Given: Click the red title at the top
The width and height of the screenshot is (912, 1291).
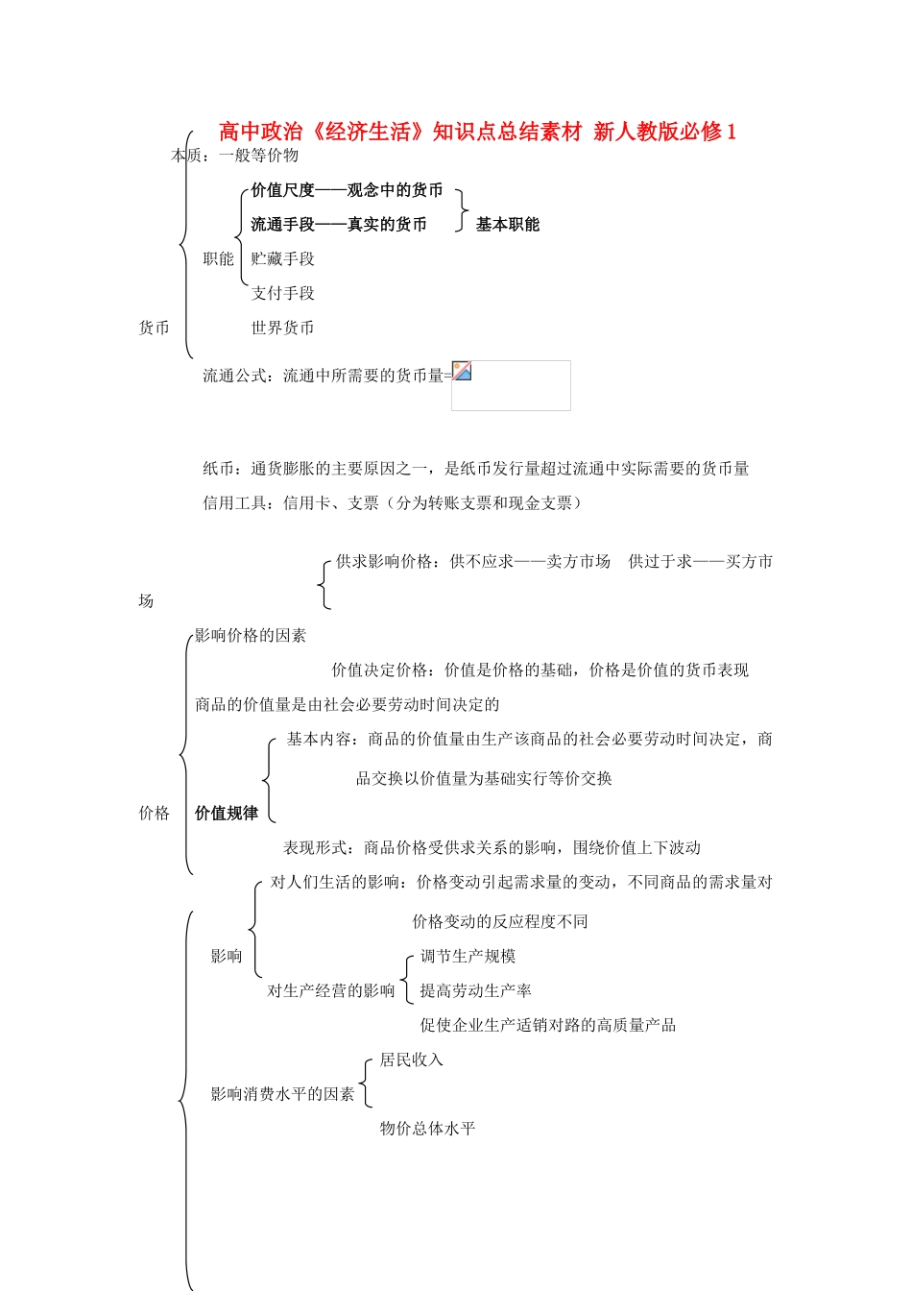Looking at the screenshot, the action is pyautogui.click(x=477, y=132).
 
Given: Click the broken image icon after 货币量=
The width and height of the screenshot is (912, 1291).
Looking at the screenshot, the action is pyautogui.click(x=462, y=371).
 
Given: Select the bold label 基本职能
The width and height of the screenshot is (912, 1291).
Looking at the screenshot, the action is pyautogui.click(x=507, y=225).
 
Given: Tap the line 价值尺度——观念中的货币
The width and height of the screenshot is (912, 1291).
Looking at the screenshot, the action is pyautogui.click(x=347, y=190).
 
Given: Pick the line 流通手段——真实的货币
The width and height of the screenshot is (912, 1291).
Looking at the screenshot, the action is pyautogui.click(x=338, y=225).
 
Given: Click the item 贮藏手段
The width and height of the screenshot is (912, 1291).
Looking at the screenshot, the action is pyautogui.click(x=282, y=259).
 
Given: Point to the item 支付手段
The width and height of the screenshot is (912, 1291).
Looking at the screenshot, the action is pyautogui.click(x=282, y=294).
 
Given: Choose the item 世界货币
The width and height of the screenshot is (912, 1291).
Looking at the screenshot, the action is pyautogui.click(x=282, y=329).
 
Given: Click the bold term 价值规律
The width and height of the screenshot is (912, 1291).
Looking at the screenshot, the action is pyautogui.click(x=227, y=814).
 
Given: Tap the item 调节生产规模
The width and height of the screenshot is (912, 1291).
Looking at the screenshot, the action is pyautogui.click(x=468, y=957).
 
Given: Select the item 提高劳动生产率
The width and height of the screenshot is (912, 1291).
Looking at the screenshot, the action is pyautogui.click(x=475, y=991).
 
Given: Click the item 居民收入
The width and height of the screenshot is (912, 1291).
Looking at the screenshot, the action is pyautogui.click(x=411, y=1060).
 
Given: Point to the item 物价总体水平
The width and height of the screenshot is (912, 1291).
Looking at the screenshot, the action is pyautogui.click(x=427, y=1129).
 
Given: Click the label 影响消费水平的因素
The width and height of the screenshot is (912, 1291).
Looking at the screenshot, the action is pyautogui.click(x=282, y=1094).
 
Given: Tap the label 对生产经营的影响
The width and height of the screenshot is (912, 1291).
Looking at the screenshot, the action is pyautogui.click(x=330, y=991).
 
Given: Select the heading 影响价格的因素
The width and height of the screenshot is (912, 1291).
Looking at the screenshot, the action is pyautogui.click(x=251, y=636).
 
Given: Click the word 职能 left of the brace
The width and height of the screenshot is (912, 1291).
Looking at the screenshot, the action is pyautogui.click(x=218, y=259).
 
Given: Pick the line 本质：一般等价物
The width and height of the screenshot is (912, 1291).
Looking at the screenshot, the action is pyautogui.click(x=235, y=156).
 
